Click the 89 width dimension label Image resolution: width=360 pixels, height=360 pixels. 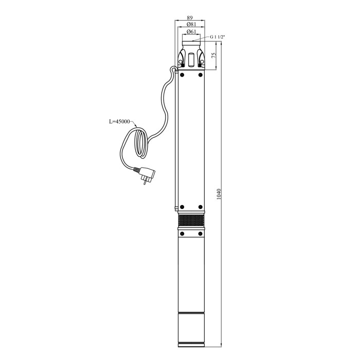(190, 17)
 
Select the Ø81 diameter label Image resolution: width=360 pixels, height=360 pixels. (191, 24)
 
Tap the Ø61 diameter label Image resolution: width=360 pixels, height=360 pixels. (191, 32)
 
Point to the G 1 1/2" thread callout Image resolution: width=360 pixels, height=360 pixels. (218, 37)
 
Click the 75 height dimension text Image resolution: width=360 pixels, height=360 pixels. (213, 55)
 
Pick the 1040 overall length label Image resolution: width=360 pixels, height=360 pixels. (219, 194)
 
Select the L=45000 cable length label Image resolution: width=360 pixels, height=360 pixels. (119, 121)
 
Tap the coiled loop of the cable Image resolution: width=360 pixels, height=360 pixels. (141, 143)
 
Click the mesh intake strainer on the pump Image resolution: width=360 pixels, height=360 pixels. (191, 221)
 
